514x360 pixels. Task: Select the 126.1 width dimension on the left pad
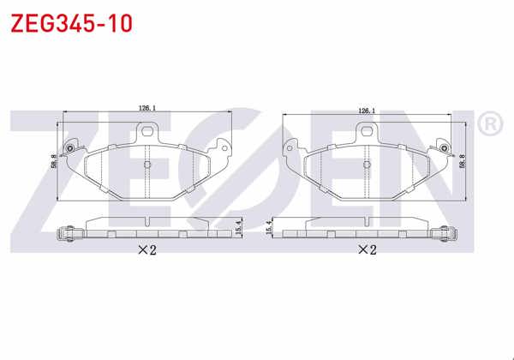146,109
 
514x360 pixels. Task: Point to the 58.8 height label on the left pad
53,163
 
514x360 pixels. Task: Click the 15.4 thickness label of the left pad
247,228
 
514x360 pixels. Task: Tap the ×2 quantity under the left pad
146,250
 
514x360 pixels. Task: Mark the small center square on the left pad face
147,164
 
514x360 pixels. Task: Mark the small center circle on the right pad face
368,164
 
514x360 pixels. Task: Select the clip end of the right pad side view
445,231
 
